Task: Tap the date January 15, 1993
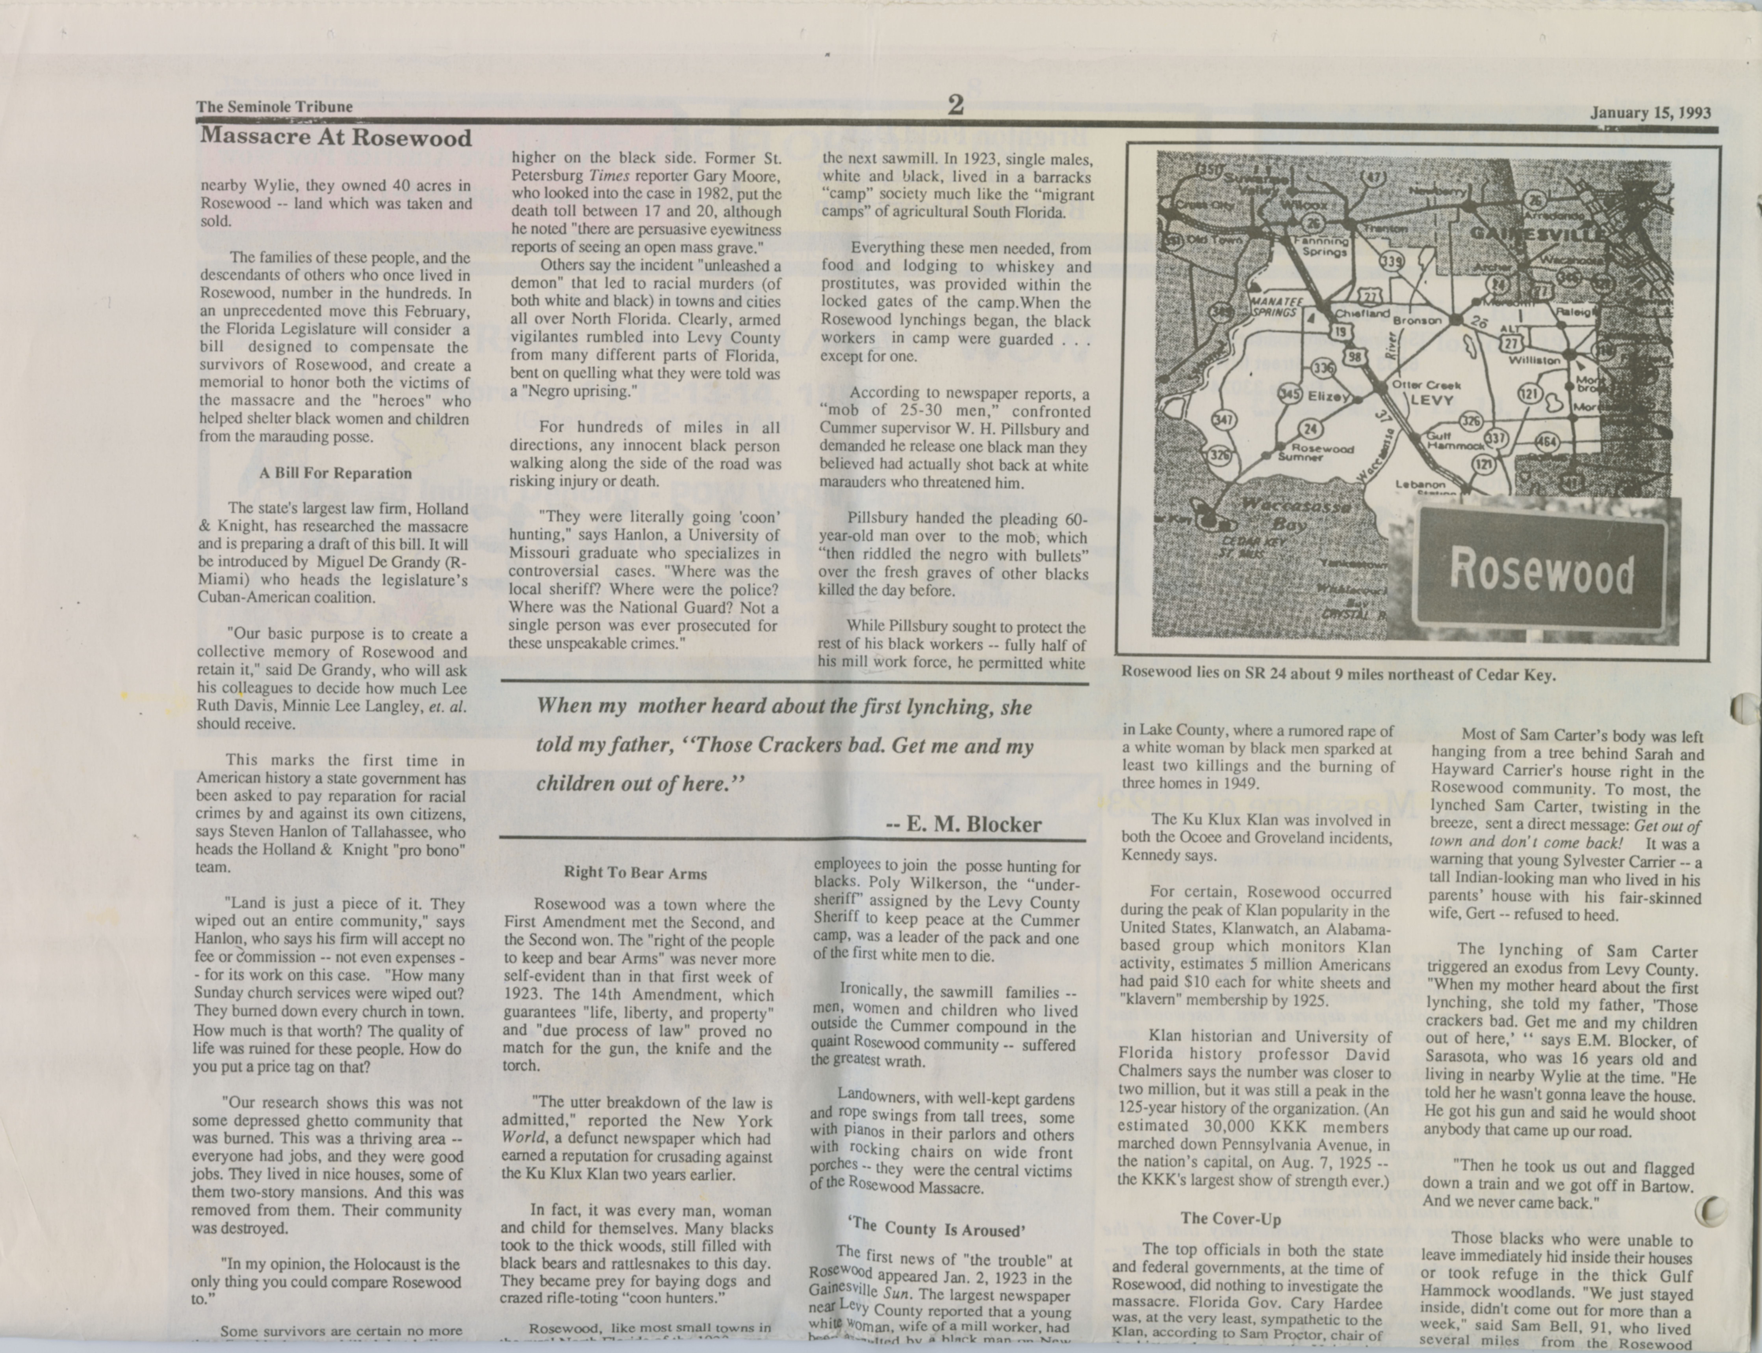(x=1650, y=113)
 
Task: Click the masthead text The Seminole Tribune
(x=275, y=106)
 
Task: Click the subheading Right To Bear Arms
(x=635, y=873)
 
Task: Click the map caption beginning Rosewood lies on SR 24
(x=1338, y=675)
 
